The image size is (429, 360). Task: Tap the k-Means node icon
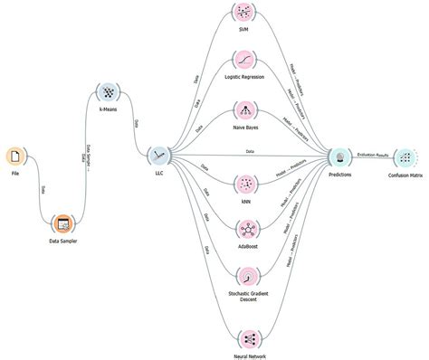(x=108, y=93)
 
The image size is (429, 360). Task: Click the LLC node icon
(x=159, y=156)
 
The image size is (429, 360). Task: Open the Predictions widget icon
(x=340, y=156)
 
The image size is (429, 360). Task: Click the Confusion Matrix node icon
(x=405, y=156)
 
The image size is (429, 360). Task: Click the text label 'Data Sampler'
(x=62, y=242)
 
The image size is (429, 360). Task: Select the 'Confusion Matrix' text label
(x=405, y=175)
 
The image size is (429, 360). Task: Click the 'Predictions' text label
(x=340, y=175)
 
